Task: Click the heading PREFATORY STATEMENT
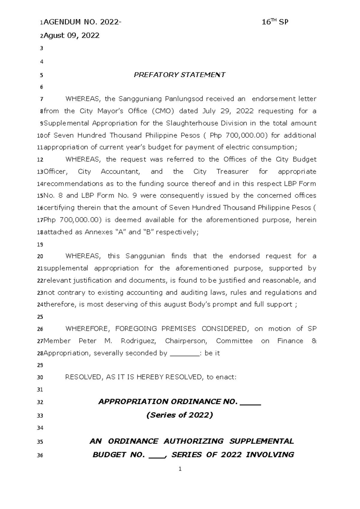tap(179, 75)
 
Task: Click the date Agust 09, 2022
tap(71, 35)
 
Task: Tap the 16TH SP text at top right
tap(275, 22)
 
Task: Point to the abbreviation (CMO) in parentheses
tap(163, 111)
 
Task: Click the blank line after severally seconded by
tap(184, 353)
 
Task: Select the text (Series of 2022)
tap(179, 415)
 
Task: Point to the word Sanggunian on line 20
tap(145, 256)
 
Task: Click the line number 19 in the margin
tap(40, 245)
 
